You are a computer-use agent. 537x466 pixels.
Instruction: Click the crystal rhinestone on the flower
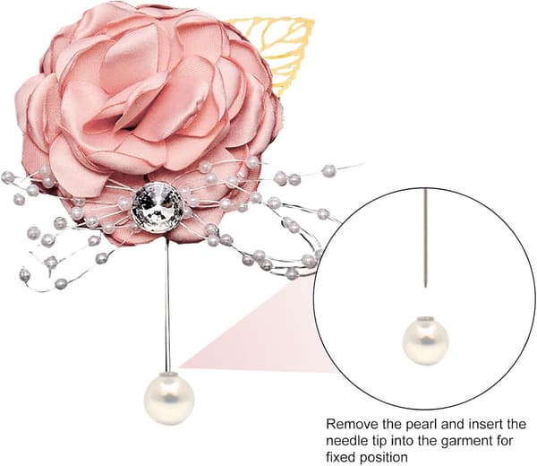click(158, 203)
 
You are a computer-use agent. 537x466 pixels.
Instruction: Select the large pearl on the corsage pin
click(169, 399)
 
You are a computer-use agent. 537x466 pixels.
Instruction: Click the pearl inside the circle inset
click(425, 340)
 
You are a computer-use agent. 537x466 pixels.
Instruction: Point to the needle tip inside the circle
click(425, 286)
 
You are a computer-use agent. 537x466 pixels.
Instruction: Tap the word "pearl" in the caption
click(422, 425)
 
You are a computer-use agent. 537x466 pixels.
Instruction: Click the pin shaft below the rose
click(167, 306)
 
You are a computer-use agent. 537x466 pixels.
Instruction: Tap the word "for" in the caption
click(504, 441)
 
